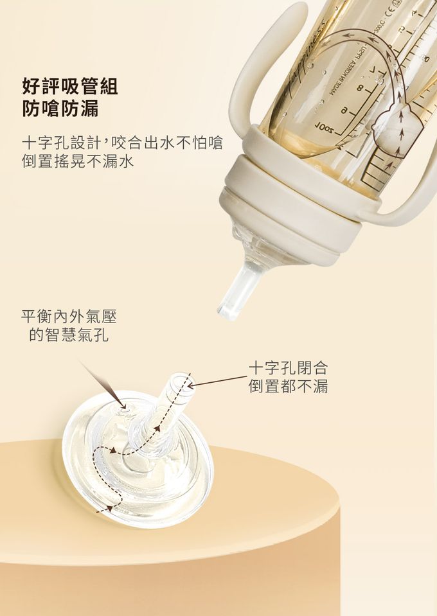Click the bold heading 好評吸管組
pos(70,86)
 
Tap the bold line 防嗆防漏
pos(60,109)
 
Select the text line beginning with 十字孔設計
pos(122,143)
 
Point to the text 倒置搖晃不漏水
pos(78,161)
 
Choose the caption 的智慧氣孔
pos(69,335)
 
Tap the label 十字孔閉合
pos(288,368)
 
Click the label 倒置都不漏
pos(288,387)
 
